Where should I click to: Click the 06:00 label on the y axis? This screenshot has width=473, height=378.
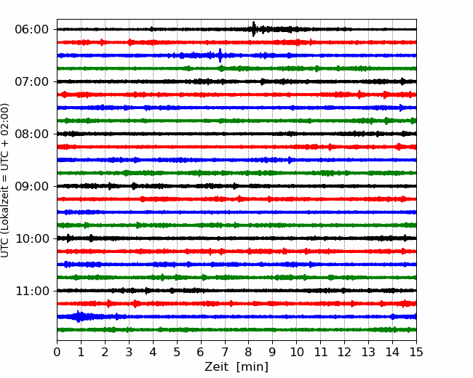[x=32, y=30]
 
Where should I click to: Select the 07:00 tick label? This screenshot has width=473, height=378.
[x=32, y=81]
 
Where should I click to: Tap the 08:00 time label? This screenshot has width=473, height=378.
[x=32, y=134]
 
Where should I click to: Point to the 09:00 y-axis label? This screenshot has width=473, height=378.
[x=32, y=186]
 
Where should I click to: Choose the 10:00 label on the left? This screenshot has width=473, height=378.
[x=32, y=238]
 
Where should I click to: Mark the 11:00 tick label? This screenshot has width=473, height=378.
[x=32, y=291]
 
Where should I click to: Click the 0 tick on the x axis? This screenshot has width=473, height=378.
[x=57, y=352]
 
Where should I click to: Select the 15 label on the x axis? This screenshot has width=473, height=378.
[x=416, y=352]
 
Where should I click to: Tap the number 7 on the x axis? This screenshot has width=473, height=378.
[x=225, y=352]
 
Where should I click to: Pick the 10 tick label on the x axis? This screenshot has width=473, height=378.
[x=296, y=352]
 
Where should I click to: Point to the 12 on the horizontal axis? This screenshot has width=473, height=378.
[x=344, y=352]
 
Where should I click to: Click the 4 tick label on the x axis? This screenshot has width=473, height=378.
[x=153, y=352]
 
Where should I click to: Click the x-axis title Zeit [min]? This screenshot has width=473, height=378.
[x=236, y=367]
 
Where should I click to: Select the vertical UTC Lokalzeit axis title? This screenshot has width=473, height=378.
[x=4, y=180]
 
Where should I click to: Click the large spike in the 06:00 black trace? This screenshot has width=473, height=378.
[x=253, y=29]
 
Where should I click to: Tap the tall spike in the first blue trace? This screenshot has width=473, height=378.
[x=220, y=55]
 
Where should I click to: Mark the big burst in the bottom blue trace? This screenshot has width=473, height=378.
[x=79, y=316]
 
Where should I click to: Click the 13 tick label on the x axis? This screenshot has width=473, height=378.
[x=368, y=352]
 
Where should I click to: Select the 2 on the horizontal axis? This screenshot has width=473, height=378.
[x=105, y=352]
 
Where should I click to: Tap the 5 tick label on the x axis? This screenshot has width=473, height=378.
[x=177, y=352]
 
